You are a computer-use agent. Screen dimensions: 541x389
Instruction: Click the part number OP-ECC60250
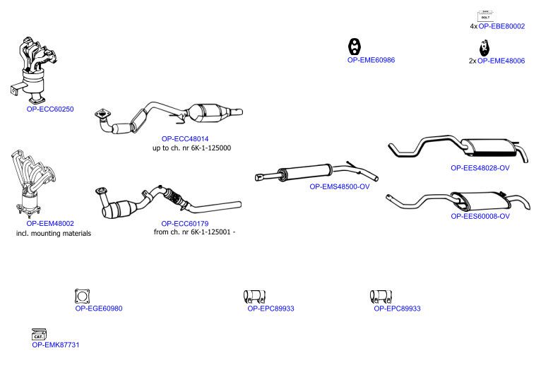click(50, 109)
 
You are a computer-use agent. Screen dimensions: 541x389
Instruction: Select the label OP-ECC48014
click(185, 138)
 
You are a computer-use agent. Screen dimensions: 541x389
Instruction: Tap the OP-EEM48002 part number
click(50, 224)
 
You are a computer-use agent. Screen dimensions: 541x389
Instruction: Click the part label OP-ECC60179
click(185, 224)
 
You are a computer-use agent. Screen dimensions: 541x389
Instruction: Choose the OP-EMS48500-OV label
click(340, 186)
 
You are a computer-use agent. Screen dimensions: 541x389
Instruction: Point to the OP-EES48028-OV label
click(480, 168)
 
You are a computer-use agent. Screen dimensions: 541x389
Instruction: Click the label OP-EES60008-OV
click(480, 216)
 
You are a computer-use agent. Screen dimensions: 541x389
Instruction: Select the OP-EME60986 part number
click(371, 60)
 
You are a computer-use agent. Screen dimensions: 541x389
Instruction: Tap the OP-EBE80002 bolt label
click(501, 26)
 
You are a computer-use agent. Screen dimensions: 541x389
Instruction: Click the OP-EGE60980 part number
click(99, 309)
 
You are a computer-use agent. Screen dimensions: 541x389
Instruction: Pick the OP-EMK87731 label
click(56, 345)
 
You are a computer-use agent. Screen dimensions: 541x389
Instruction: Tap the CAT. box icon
click(39, 335)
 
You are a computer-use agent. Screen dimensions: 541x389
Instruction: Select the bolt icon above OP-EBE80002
click(485, 16)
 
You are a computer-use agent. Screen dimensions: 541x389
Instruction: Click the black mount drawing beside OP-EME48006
click(484, 48)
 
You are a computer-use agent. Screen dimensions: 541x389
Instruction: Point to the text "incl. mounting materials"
click(54, 234)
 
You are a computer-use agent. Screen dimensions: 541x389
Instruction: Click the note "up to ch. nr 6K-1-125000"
click(192, 148)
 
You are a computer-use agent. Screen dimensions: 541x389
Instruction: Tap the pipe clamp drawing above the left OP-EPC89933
click(254, 297)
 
